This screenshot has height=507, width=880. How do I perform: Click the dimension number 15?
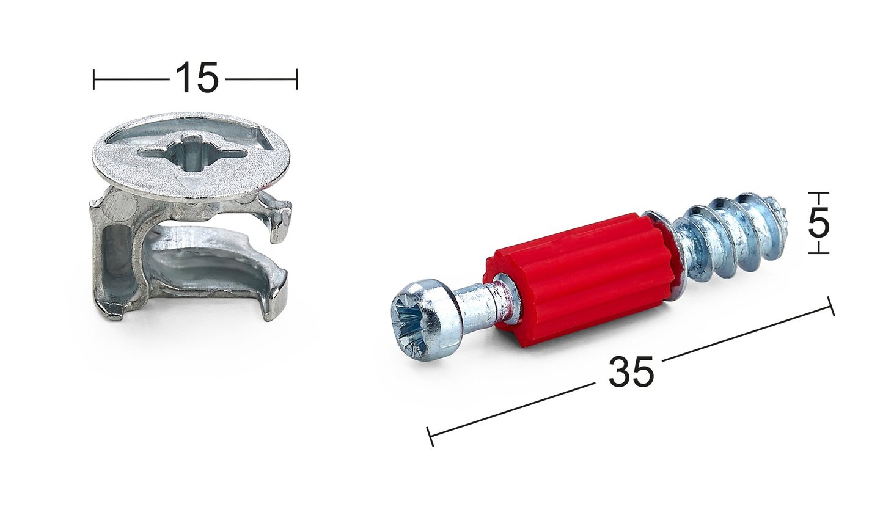click(x=196, y=78)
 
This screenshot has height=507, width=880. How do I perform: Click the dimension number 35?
click(x=631, y=372)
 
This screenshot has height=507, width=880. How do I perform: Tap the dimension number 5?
click(x=819, y=222)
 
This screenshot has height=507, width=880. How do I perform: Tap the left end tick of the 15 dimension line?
click(x=94, y=79)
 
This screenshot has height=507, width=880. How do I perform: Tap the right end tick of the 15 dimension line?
click(x=297, y=79)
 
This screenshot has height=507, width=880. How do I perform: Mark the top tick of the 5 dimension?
click(x=819, y=192)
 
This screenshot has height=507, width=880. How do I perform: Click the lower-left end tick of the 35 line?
click(x=430, y=436)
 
